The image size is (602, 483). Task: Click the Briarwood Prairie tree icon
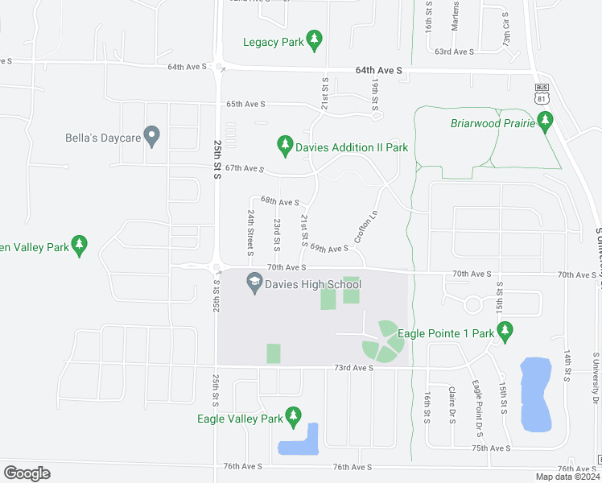tap(546, 122)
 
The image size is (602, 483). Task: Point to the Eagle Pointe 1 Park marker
tap(505, 330)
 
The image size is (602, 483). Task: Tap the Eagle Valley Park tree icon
tap(294, 416)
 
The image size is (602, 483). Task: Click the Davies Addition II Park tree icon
tap(284, 145)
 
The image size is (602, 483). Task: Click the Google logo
tap(27, 473)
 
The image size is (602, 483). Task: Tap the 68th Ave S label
tap(280, 202)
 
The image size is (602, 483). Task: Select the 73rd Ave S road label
tap(354, 368)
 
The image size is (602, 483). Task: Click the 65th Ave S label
tap(245, 104)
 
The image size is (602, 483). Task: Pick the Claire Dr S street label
tap(452, 402)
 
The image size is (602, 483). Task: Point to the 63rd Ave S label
tap(454, 52)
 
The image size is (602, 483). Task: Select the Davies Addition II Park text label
tap(352, 147)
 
